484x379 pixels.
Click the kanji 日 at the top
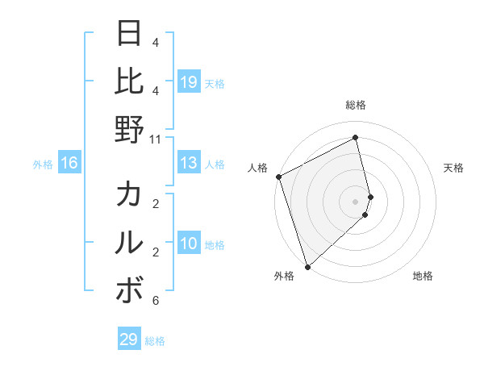click(x=130, y=34)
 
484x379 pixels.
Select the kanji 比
click(x=130, y=81)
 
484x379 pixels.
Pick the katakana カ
click(x=130, y=195)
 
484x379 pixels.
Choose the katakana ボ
click(x=130, y=290)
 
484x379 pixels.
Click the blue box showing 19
click(x=189, y=82)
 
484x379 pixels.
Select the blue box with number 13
click(x=189, y=164)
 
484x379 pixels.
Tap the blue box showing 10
click(x=189, y=244)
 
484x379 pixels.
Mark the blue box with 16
click(x=69, y=164)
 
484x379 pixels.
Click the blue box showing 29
click(x=129, y=339)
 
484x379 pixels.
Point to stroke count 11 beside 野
click(x=155, y=139)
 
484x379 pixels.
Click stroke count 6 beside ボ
click(x=155, y=301)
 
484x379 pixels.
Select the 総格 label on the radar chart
click(x=356, y=105)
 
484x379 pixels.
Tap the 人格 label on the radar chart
click(x=259, y=168)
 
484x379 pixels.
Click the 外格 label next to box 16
click(x=43, y=165)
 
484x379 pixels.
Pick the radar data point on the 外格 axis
click(x=307, y=267)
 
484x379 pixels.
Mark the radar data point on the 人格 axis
click(x=278, y=177)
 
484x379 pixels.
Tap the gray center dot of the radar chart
click(x=356, y=202)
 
